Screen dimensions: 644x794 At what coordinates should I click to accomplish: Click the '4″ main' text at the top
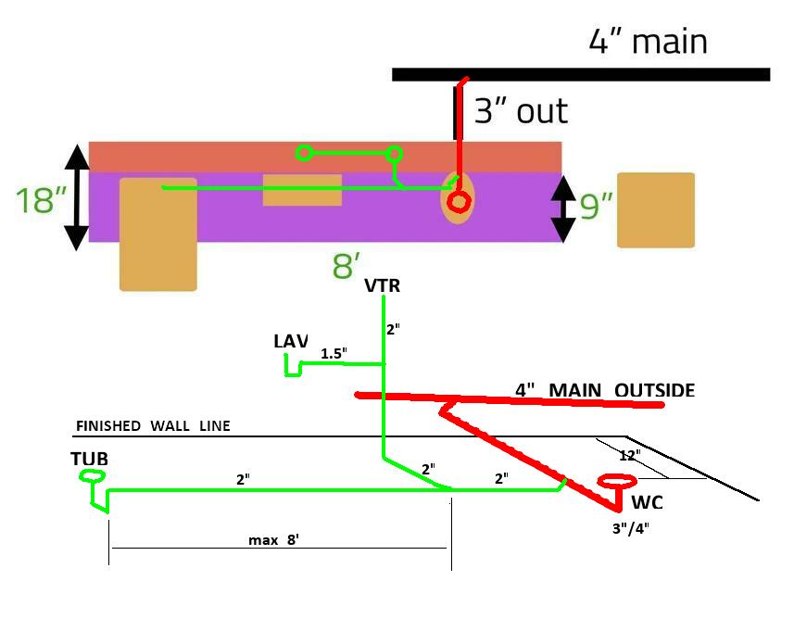pyautogui.click(x=648, y=42)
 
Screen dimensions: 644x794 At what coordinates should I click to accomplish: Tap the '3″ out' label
pyautogui.click(x=521, y=111)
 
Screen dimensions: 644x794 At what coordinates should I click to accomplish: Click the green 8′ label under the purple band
pyautogui.click(x=347, y=266)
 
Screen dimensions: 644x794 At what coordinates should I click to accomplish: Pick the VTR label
pyautogui.click(x=382, y=286)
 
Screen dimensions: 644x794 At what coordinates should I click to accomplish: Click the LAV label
pyautogui.click(x=290, y=341)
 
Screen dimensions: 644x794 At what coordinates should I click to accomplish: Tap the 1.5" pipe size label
pyautogui.click(x=333, y=354)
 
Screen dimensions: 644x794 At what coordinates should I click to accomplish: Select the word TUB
pyautogui.click(x=88, y=459)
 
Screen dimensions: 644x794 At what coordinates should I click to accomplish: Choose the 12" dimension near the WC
pyautogui.click(x=630, y=455)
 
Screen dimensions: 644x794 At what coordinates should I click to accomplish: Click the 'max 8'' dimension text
pyautogui.click(x=273, y=540)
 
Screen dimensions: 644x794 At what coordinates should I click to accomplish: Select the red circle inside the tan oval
pyautogui.click(x=458, y=201)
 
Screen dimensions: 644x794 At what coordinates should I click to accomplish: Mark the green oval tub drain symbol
pyautogui.click(x=93, y=476)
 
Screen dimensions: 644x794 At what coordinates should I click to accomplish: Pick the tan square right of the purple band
pyautogui.click(x=656, y=210)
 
